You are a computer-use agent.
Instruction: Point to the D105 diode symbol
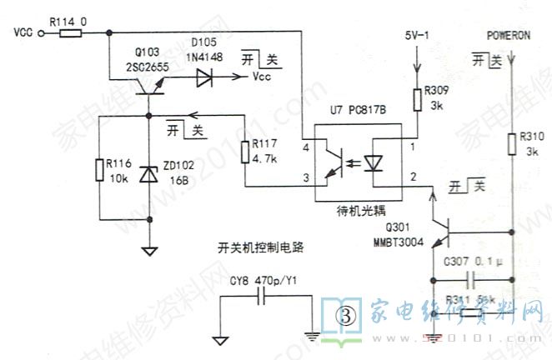tap(205, 77)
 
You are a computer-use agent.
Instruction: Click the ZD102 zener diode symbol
tap(148, 173)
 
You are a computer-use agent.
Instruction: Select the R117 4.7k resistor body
tap(244, 152)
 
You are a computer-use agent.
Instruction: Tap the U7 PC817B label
tap(357, 110)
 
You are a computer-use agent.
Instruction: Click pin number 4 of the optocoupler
tap(306, 147)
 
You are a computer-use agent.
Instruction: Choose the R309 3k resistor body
tap(417, 100)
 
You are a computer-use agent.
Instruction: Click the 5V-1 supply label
tap(416, 36)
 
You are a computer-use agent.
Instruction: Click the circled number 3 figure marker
tap(344, 315)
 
